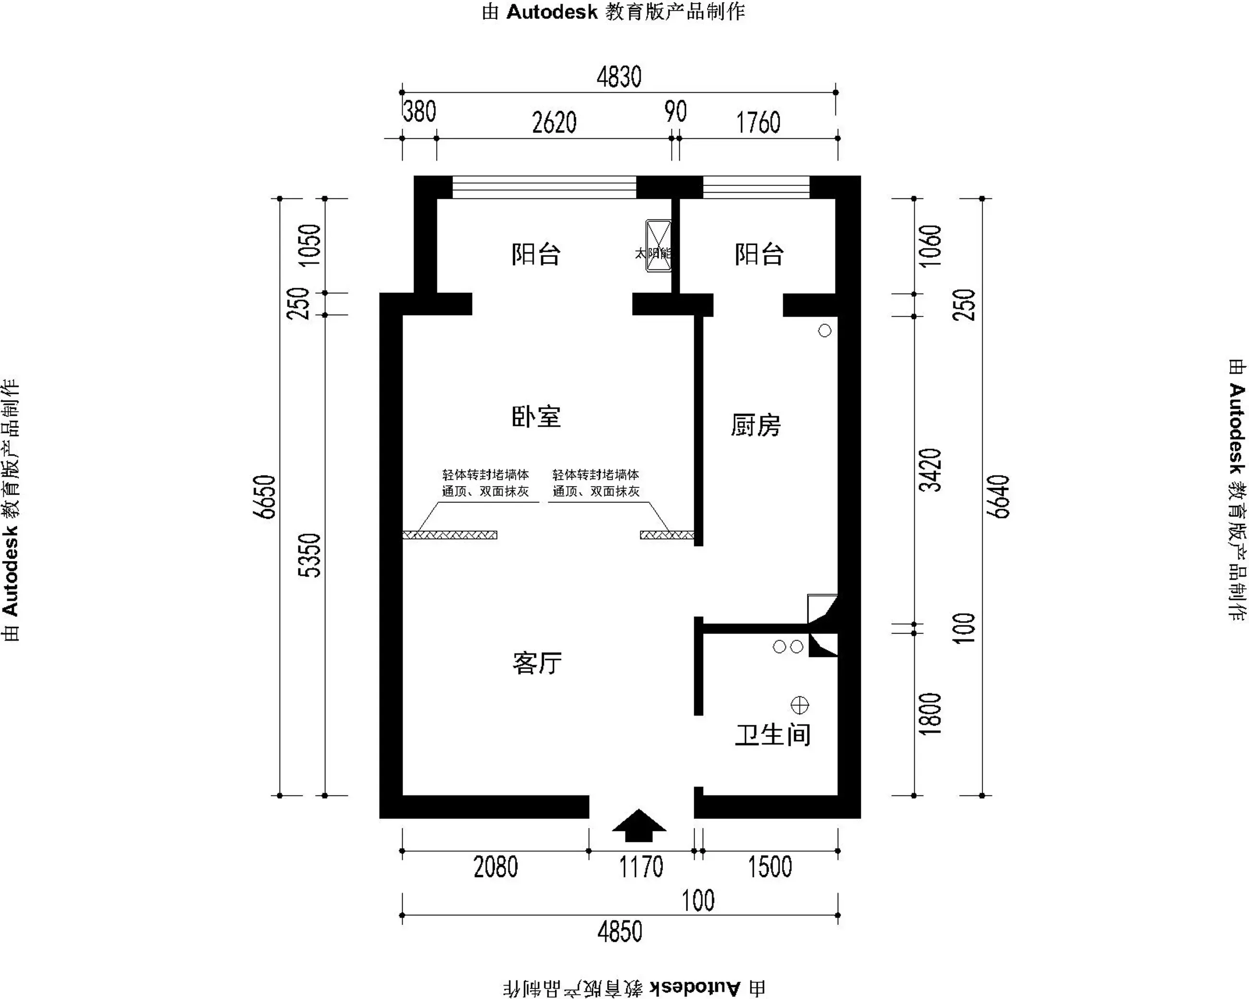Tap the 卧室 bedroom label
click(x=536, y=417)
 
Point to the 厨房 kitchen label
click(x=756, y=425)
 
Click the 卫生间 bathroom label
click(x=772, y=735)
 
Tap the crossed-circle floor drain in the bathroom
click(x=799, y=706)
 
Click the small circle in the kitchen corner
click(x=824, y=331)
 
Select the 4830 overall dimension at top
click(x=619, y=77)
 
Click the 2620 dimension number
click(x=554, y=123)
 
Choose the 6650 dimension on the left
click(x=265, y=497)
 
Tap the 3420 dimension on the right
click(x=931, y=470)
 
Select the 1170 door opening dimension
click(x=641, y=867)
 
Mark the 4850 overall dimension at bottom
click(x=619, y=932)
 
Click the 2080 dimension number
click(x=495, y=867)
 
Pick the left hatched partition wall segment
click(x=450, y=535)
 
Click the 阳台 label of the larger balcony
click(x=536, y=254)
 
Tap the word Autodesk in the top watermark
click(x=551, y=12)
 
